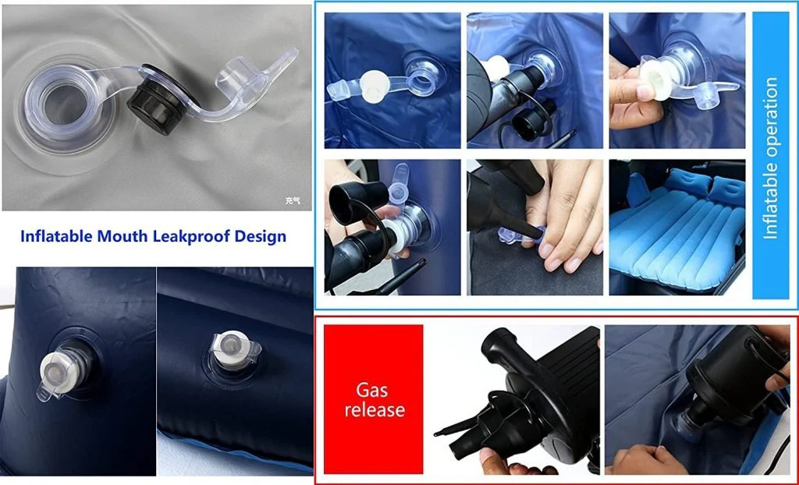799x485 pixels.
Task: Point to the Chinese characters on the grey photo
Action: (293, 200)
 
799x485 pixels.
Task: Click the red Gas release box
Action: (374, 399)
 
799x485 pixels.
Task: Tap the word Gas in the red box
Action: (371, 390)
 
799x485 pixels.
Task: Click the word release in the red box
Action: (375, 409)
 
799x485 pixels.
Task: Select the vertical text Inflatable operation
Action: (771, 158)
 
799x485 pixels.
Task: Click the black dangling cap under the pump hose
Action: (530, 125)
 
